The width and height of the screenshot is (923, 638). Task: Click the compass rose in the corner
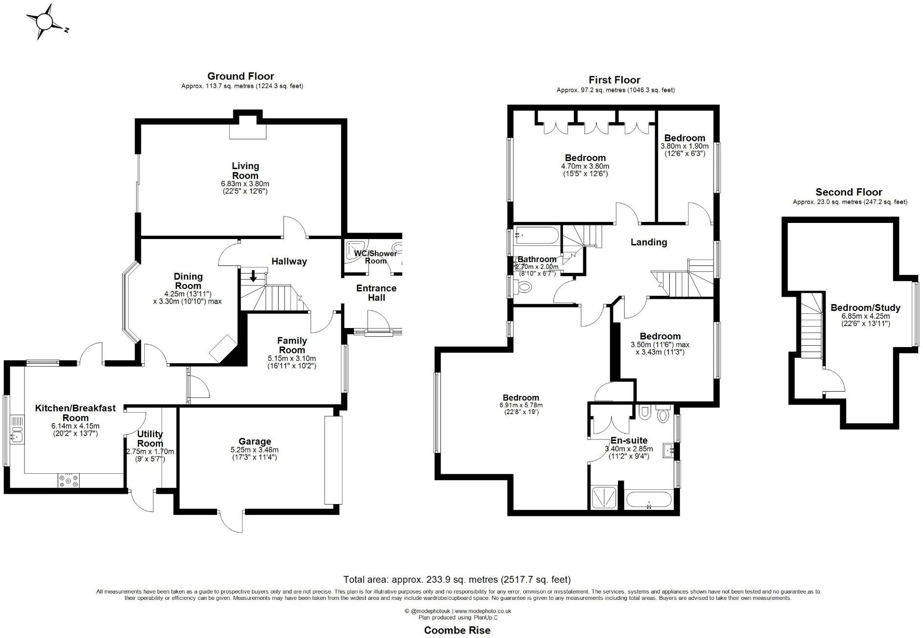[x=44, y=22]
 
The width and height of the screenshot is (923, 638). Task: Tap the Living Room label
[x=245, y=171]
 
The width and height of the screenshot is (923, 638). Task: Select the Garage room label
[x=255, y=441]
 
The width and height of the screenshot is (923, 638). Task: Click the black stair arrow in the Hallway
[x=253, y=276]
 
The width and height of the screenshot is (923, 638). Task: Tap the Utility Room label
[x=150, y=439]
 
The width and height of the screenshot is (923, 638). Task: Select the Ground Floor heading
[x=241, y=76]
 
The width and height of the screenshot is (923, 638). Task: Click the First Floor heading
[x=615, y=80]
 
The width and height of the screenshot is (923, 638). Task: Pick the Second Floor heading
[x=849, y=192]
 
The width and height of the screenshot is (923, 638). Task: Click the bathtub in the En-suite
[x=648, y=501]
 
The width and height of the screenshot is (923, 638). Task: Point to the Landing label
[x=649, y=242]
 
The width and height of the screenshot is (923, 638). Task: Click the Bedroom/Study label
[x=865, y=308]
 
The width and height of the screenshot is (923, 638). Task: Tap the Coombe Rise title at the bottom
[x=457, y=630]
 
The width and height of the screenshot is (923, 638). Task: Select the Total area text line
[x=457, y=579]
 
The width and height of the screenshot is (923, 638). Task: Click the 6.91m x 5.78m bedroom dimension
[x=521, y=405]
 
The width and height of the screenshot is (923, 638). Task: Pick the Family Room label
[x=292, y=345]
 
